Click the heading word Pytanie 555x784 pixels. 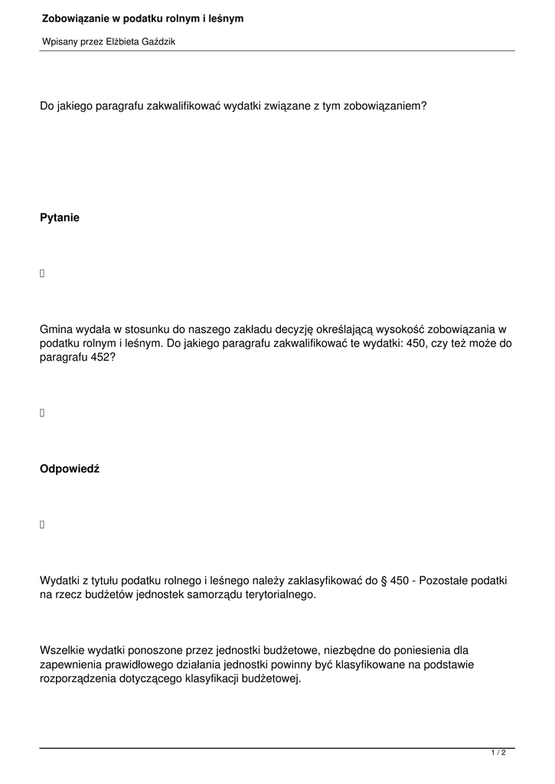pos(60,218)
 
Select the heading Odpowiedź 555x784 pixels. pos(70,469)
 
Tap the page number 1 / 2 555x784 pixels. pos(498,753)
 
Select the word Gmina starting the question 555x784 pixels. pos(56,329)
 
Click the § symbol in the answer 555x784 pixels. pos(383,581)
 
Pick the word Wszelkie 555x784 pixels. pos(62,651)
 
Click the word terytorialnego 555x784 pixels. pos(279,595)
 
